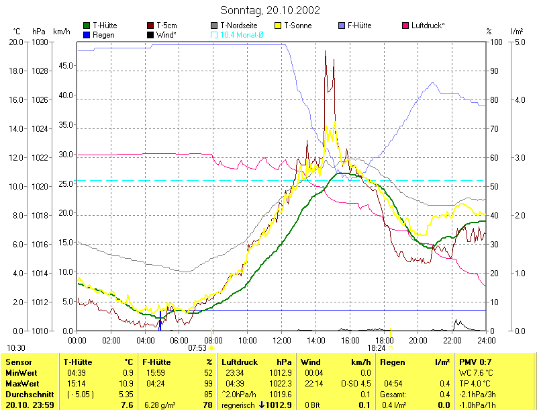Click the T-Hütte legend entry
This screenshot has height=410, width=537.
coord(105,26)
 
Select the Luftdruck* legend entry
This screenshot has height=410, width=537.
coord(427,26)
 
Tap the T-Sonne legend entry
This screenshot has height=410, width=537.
coord(298,26)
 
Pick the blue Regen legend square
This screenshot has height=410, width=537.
coord(87,34)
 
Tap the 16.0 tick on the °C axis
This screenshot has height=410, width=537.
coord(16,99)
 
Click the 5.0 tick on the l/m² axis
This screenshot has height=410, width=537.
coord(518,42)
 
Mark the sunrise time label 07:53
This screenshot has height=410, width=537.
coord(197,348)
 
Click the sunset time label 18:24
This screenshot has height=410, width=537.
coord(376,348)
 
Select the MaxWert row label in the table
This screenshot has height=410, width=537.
coord(19,383)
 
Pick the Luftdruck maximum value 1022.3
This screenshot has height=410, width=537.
coord(283,383)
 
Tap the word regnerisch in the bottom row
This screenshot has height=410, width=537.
coord(237,405)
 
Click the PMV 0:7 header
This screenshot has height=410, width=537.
coord(474,362)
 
